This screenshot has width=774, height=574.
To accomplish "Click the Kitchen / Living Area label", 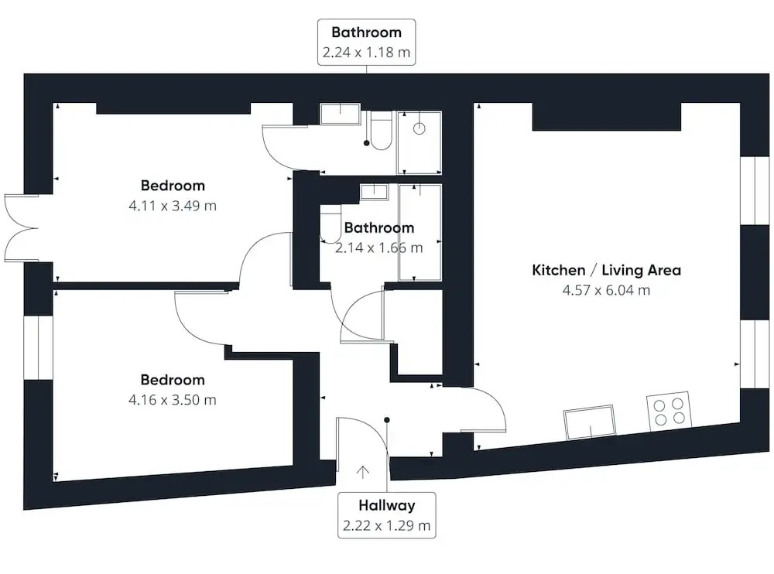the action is [x=606, y=270].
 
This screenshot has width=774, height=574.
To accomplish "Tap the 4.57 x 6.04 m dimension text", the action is [x=606, y=290].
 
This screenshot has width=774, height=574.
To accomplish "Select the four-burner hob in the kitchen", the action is [x=669, y=411].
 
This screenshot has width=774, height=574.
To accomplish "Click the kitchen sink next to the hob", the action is [x=589, y=422].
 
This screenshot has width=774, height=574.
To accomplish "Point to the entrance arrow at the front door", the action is [x=363, y=473].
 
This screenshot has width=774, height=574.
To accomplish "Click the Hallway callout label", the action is [x=386, y=505].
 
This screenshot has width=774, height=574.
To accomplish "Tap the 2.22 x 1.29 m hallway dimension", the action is [x=386, y=525].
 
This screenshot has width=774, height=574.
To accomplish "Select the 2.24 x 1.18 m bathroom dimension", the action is [x=366, y=53].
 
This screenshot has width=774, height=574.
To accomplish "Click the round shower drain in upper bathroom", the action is [x=419, y=129].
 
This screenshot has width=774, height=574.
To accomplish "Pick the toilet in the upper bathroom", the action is [x=381, y=131].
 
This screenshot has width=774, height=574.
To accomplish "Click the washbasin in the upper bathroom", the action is [x=340, y=114].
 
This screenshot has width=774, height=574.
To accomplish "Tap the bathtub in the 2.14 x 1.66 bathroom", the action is [x=420, y=233].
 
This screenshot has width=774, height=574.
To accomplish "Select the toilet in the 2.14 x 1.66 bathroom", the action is [x=330, y=224].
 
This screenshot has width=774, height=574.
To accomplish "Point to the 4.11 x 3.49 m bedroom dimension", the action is [x=173, y=206].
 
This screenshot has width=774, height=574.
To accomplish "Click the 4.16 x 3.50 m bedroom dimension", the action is [x=173, y=400].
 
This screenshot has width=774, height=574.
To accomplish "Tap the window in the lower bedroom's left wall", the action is [x=39, y=347].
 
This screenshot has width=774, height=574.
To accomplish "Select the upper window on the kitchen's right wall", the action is [x=755, y=191].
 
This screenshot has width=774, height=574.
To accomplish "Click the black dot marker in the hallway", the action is [x=387, y=420].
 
